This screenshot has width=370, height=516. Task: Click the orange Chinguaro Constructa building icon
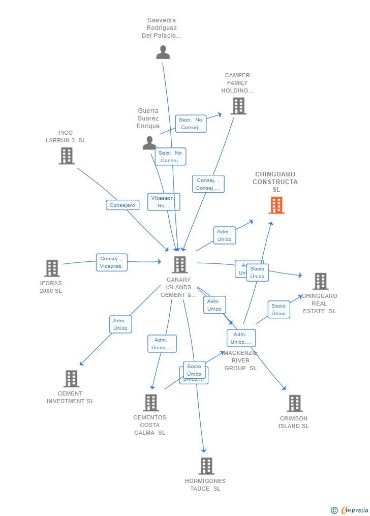pos(276,205)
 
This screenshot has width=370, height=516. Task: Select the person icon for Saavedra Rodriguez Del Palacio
pos(163,52)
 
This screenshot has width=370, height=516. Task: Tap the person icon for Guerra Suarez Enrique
pos(149,143)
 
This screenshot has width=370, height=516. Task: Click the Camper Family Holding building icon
pos(238,106)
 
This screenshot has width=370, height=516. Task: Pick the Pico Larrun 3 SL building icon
pos(67,156)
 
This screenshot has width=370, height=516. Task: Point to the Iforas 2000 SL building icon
pos(52,268)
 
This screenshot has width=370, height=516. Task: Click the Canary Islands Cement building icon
pos(179,264)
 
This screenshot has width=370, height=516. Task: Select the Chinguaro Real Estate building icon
pos(320,281)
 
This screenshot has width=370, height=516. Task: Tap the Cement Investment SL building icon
pos(71,379)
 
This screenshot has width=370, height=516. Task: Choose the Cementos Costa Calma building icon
pos(150,403)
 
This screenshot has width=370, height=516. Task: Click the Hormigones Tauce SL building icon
pos(206,466)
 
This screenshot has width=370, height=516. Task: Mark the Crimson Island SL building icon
pos(294,404)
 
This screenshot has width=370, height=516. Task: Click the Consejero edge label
pos(122,205)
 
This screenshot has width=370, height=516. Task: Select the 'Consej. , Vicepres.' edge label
pos(111,262)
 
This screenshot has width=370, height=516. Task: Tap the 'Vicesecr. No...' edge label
pos(163,202)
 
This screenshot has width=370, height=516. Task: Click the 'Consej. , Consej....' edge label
pos(208,184)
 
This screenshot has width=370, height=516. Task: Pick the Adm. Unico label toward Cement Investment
pos(120,324)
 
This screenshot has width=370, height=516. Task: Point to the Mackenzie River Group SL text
pos(240,360)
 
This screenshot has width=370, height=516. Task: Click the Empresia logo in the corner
pos(350,510)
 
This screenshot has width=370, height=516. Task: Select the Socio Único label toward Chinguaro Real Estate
pos(279,310)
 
